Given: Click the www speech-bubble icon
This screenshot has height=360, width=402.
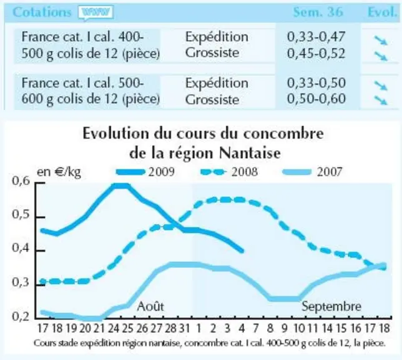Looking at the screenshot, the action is click(96, 12).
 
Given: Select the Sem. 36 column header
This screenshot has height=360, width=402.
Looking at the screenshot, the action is click(318, 12).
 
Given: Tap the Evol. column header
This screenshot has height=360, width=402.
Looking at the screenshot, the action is click(382, 12).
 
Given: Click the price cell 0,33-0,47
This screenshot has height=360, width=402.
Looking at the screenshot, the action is click(316, 37).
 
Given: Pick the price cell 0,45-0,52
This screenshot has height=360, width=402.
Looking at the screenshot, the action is click(316, 53).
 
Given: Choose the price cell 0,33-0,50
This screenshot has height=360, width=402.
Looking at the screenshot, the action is click(316, 82).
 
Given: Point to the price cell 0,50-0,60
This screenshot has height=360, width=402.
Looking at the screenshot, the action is click(316, 99).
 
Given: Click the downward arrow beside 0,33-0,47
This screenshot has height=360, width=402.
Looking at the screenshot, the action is click(381, 41).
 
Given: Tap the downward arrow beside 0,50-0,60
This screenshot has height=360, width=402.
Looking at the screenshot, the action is click(381, 100).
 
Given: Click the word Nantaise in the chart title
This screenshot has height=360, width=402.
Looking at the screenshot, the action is click(250, 153).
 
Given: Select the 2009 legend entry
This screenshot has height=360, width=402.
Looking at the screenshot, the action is click(145, 172).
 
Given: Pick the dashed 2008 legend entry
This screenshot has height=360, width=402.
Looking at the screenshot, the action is click(229, 172).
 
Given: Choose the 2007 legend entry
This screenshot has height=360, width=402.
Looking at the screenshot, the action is click(312, 172).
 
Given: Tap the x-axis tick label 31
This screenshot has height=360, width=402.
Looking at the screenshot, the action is click(184, 328).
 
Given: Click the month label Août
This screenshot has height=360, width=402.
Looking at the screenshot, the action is click(150, 306).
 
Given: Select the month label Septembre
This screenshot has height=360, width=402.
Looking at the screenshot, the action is click(331, 306).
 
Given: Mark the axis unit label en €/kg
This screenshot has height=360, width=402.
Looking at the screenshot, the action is click(59, 172).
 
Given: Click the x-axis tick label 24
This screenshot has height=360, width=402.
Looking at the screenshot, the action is click(113, 328).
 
